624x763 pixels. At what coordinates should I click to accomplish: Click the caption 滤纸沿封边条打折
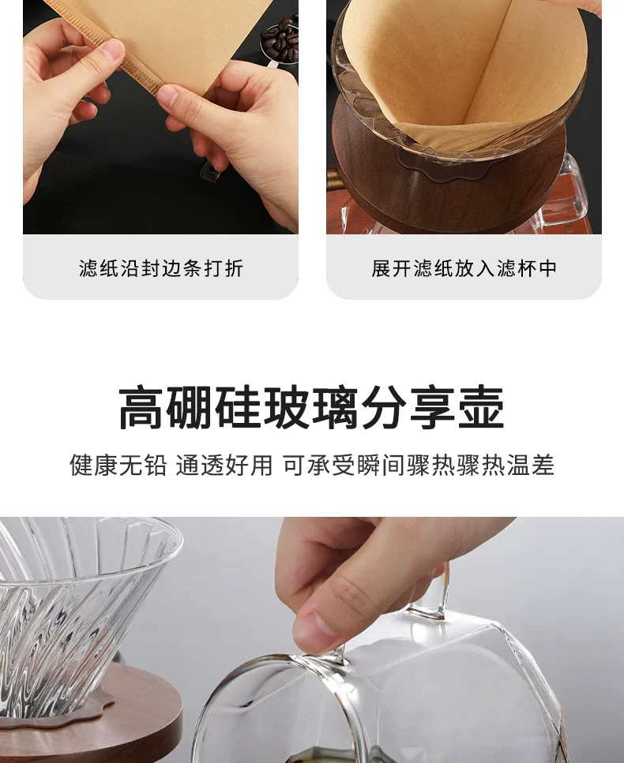point(161,268)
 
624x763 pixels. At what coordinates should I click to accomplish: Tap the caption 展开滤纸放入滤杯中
point(464,268)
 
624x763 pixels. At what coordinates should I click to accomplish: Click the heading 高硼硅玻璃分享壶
point(311,408)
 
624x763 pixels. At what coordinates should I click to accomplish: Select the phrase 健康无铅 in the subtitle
point(118,465)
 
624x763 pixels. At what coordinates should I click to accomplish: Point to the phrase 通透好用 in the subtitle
point(224,465)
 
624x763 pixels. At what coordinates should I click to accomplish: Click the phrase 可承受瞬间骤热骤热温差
point(419,465)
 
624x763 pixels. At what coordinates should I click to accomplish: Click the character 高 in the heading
point(141,408)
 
